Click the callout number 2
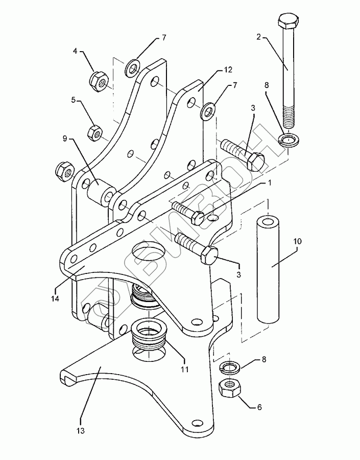259,37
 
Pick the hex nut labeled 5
93,132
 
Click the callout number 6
259,407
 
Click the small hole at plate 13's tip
195,423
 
